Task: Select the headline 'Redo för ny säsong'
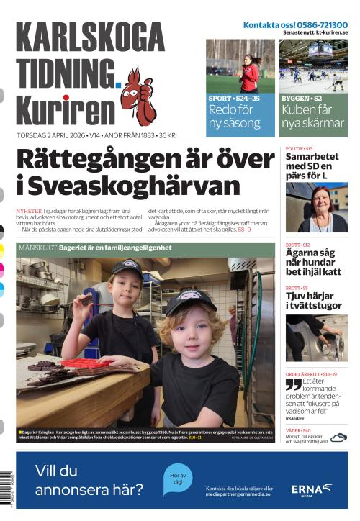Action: (x=233, y=116)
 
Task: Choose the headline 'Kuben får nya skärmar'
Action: (x=312, y=116)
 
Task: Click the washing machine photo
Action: (x=316, y=337)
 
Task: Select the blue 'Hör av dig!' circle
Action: (x=176, y=479)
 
